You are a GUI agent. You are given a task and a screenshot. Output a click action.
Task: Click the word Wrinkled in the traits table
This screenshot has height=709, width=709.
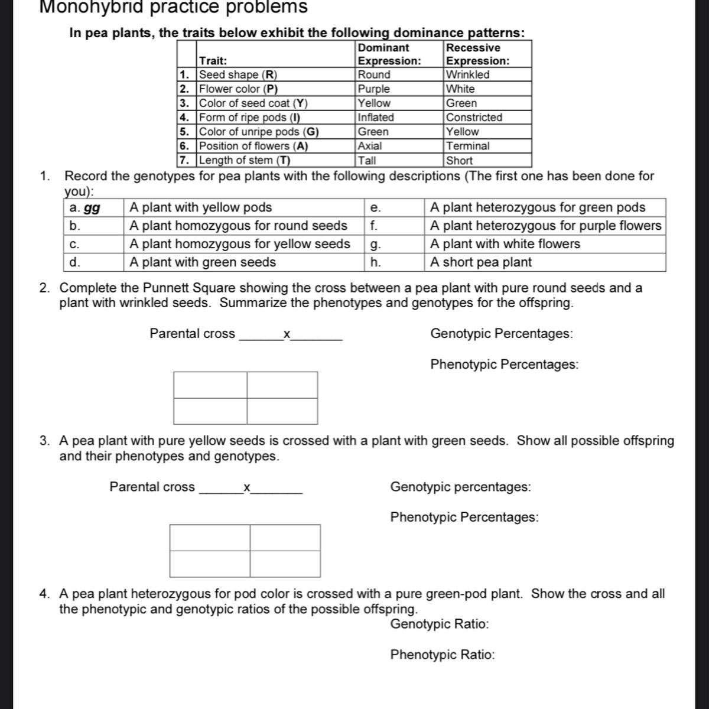[468, 75]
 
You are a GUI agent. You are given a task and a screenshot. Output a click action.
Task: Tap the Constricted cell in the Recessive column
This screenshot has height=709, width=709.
[474, 118]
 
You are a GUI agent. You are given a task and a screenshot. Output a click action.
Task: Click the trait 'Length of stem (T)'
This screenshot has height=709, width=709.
[245, 160]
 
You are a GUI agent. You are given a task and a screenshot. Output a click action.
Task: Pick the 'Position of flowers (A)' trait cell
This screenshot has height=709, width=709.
[253, 146]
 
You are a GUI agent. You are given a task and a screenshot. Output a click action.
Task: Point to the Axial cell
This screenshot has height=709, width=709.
[370, 146]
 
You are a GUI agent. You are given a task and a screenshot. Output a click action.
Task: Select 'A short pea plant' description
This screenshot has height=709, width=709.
[481, 262]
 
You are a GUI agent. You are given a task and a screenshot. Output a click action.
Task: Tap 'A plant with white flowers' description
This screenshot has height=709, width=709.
[505, 244]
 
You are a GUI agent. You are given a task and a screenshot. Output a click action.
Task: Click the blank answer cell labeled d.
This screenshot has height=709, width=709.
[95, 262]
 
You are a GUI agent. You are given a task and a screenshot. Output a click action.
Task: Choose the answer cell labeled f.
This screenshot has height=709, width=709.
[395, 226]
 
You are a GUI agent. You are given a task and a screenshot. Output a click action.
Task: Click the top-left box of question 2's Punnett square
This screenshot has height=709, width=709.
[210, 385]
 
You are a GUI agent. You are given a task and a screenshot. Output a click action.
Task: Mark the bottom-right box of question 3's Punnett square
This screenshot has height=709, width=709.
[285, 564]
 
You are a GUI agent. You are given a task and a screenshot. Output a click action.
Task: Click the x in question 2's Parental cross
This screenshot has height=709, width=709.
[287, 334]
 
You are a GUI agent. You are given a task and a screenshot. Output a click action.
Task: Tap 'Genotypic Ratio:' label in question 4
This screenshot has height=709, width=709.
[440, 625]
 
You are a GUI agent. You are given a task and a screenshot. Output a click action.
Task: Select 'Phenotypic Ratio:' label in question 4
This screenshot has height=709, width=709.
[443, 655]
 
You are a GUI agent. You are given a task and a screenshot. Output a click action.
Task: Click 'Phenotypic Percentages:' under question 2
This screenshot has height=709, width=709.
[504, 365]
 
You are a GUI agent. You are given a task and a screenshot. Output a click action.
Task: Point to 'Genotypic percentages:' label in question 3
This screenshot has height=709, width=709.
[460, 487]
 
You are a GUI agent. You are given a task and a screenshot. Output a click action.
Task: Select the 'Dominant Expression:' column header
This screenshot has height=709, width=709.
[389, 54]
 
